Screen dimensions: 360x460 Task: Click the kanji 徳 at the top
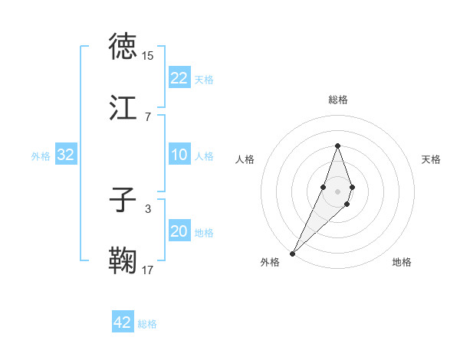[x=123, y=47]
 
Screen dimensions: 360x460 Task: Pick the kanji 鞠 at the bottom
[x=123, y=260]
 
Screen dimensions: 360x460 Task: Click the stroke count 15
[x=148, y=56]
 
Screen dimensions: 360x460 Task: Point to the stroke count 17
[x=148, y=270]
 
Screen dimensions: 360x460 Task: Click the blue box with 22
[x=179, y=78]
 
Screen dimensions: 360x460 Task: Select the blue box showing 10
[x=179, y=155]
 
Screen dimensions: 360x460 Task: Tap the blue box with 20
[x=179, y=231]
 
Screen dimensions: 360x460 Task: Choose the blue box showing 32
[x=66, y=155]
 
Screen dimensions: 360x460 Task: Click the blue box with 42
[x=122, y=322]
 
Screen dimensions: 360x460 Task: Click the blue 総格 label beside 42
[x=147, y=324]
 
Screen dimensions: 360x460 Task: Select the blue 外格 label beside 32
[x=41, y=155]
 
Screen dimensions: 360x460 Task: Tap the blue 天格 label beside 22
[x=204, y=80]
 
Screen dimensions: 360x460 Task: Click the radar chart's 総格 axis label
[x=337, y=100]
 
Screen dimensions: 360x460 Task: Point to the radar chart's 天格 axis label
[x=432, y=159]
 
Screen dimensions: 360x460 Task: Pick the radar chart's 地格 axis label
[x=402, y=262]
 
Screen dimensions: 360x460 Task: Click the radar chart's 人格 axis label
[x=245, y=159]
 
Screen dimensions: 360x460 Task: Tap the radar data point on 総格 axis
[x=337, y=146]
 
